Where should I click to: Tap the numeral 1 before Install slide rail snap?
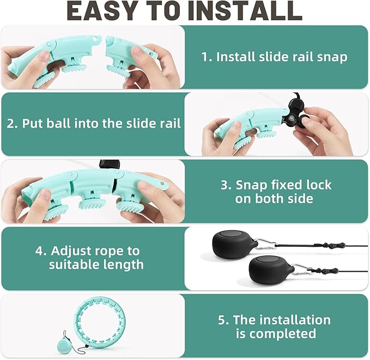(205, 57)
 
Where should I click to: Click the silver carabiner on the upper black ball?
(266, 243)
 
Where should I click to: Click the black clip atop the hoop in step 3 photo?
(109, 164)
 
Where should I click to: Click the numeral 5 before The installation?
(222, 320)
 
